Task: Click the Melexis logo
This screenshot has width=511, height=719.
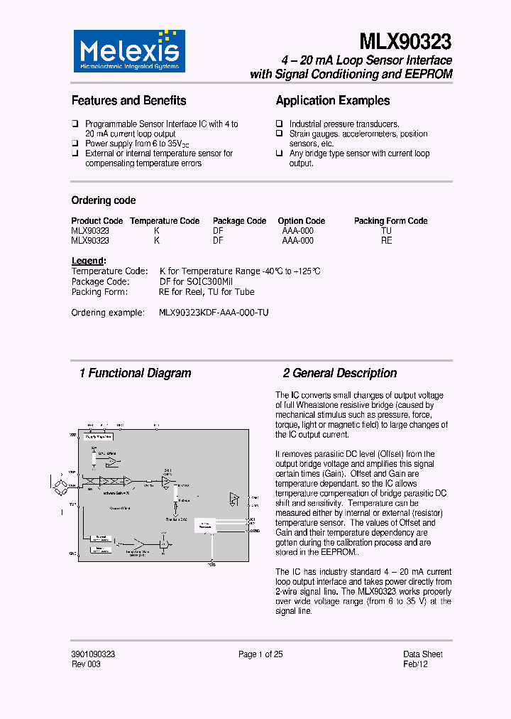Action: coord(129,51)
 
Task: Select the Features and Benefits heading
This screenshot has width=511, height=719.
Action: coord(128,101)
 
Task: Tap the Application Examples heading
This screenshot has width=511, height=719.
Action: coord(333,101)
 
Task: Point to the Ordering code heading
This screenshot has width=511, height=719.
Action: coord(104,200)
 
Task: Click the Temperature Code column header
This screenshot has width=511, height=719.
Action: coord(165,221)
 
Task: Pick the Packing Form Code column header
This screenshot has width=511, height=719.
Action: coord(390,221)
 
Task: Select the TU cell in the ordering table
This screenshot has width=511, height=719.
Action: coord(386,231)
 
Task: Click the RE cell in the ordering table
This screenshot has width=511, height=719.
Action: coord(386,241)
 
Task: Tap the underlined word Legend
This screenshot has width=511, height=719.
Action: coord(88,261)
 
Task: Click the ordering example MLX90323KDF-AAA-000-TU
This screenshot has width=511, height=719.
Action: coord(214,313)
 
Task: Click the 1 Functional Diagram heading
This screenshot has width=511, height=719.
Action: coord(135,373)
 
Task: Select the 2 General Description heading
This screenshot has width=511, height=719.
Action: coord(340,373)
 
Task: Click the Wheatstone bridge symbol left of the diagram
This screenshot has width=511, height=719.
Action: coord(67,485)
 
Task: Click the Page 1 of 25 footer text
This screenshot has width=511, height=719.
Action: coord(260,654)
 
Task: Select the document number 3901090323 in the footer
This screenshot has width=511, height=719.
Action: coord(94,654)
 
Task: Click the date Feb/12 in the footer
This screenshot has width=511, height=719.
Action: coord(416,664)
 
